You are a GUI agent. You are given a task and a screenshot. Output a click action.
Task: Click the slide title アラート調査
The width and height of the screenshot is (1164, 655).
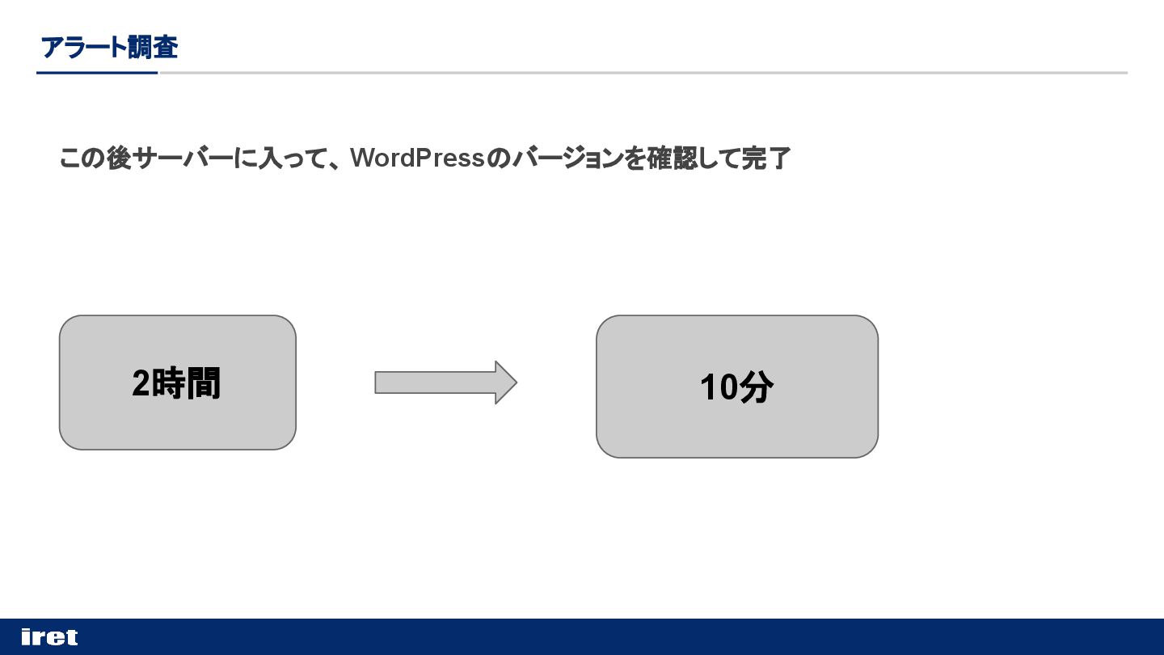[109, 48]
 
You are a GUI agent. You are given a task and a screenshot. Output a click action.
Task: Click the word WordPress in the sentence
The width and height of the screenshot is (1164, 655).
[417, 158]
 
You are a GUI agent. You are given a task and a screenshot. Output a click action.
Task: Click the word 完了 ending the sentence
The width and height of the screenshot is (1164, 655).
[766, 158]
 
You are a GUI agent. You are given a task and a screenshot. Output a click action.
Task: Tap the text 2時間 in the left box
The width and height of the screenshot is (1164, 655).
[176, 382]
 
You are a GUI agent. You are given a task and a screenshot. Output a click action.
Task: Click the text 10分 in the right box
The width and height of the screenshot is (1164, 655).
[736, 387]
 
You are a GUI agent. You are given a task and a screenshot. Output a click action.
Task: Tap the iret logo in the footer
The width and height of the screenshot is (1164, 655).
[49, 637]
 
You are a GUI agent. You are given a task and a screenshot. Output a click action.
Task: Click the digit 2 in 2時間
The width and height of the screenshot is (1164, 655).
[141, 383]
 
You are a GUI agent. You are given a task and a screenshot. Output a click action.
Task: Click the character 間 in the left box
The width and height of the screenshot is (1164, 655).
[204, 382]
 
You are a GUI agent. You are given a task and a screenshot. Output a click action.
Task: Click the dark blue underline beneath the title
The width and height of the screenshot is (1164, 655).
[97, 73]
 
